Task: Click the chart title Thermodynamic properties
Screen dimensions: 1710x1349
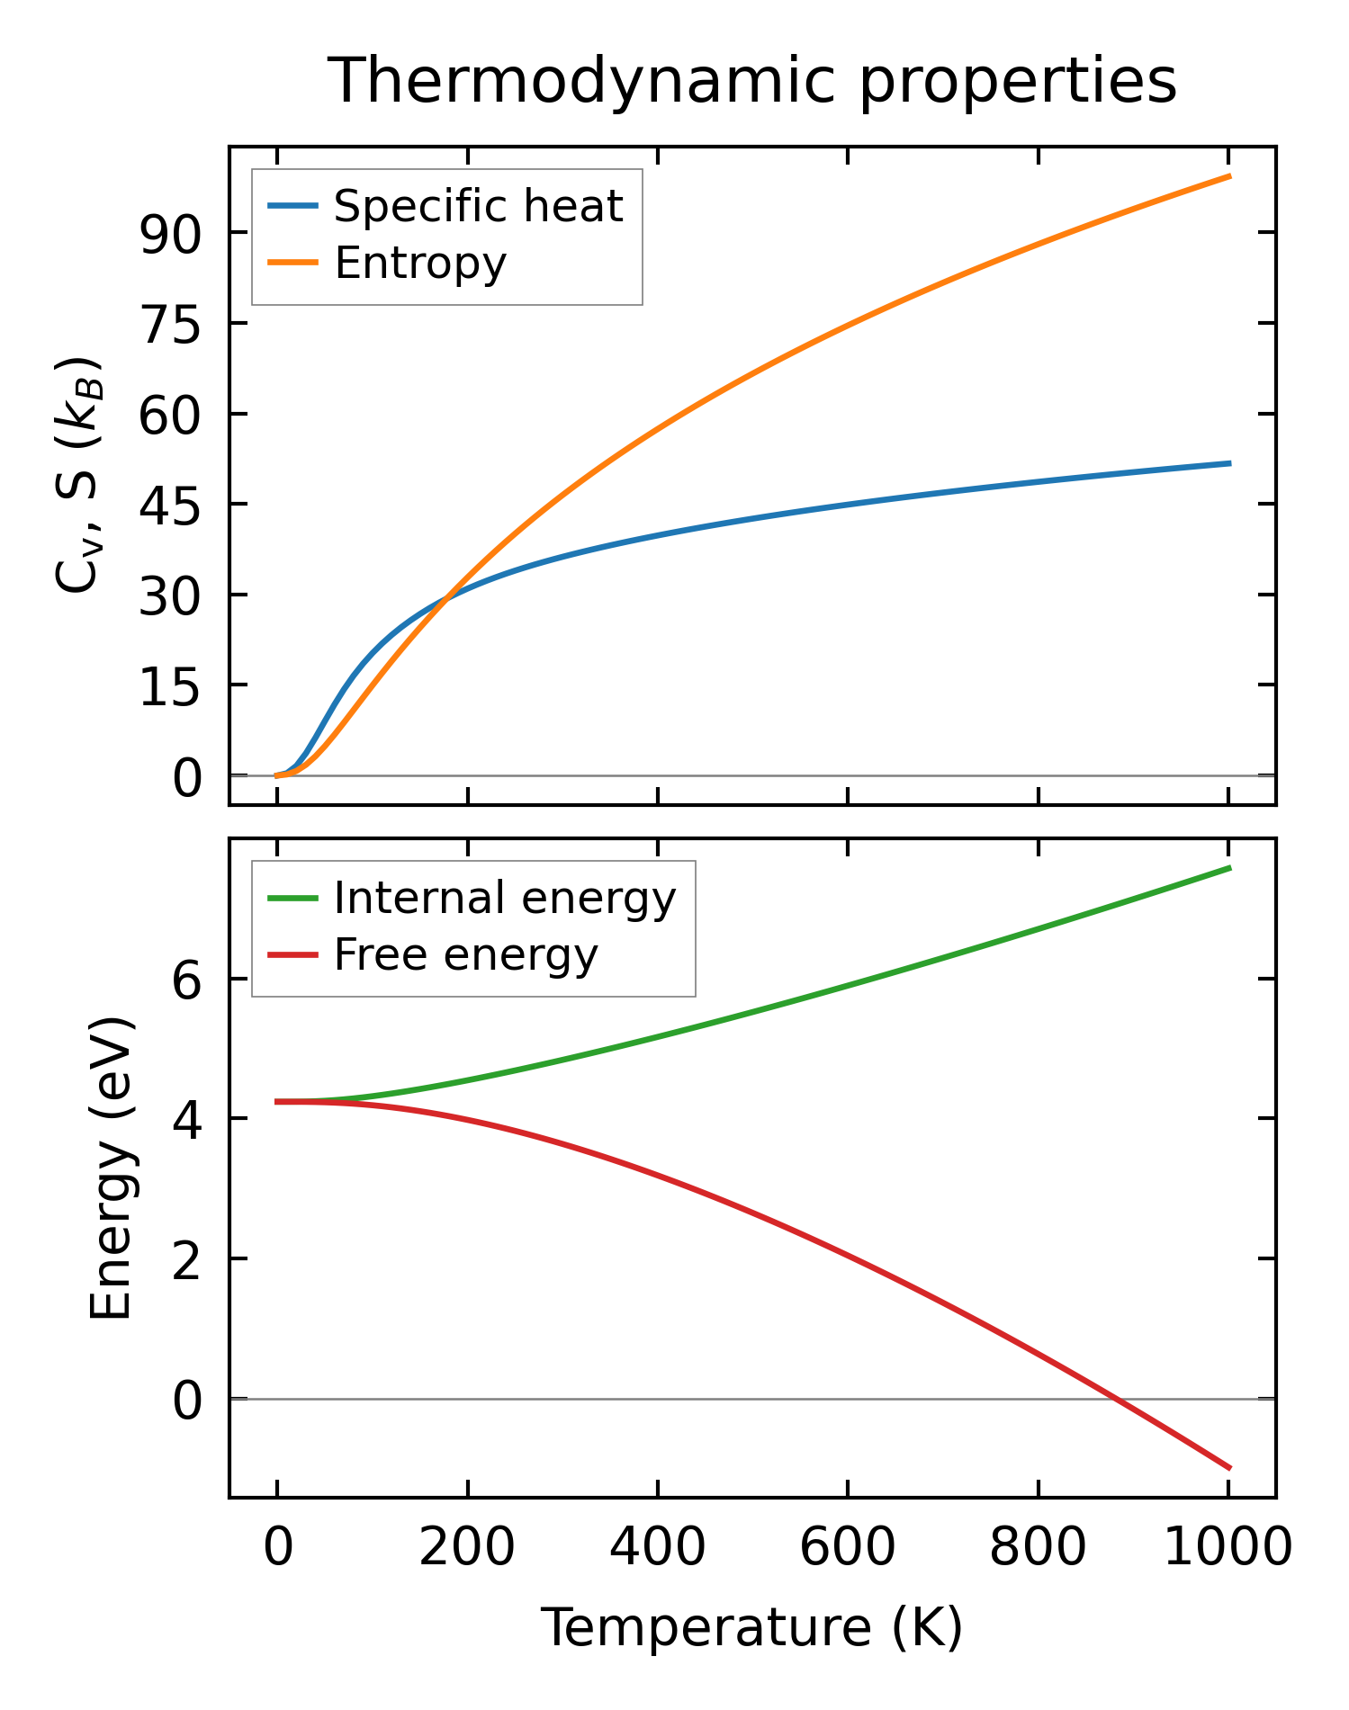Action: pyautogui.click(x=751, y=81)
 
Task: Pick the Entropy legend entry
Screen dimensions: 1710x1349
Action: pyautogui.click(x=420, y=264)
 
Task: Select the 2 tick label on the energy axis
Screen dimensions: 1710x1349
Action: pyautogui.click(x=187, y=1258)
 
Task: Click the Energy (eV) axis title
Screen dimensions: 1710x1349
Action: pyautogui.click(x=112, y=1168)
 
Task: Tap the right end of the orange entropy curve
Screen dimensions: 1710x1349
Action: pyautogui.click(x=1229, y=176)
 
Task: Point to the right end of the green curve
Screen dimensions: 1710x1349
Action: pyautogui.click(x=1229, y=867)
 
